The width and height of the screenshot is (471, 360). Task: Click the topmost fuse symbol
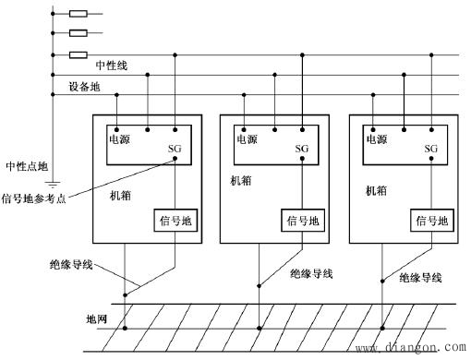coord(78,14)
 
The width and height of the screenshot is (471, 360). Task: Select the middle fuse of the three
coord(78,33)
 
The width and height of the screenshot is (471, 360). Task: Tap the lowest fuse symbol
coord(78,54)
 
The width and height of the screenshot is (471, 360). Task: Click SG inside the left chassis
coord(175,148)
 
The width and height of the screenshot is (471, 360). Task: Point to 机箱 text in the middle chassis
coord(240,182)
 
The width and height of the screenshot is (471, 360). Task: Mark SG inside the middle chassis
coord(301,148)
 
